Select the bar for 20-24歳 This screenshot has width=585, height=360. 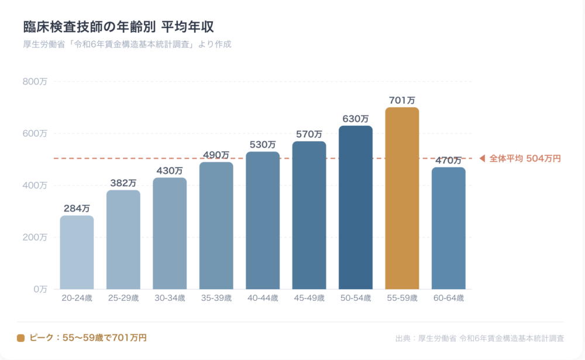click(77, 252)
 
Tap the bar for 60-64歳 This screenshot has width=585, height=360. click(449, 228)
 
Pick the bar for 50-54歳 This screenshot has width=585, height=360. click(356, 207)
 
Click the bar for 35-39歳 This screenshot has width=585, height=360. click(216, 225)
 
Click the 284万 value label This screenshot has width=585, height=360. click(77, 208)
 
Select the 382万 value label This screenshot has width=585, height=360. click(123, 183)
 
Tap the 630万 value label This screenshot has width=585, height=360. click(356, 119)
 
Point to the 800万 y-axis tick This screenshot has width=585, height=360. click(35, 81)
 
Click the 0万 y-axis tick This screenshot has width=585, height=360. click(40, 289)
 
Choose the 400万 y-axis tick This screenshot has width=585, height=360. click(35, 186)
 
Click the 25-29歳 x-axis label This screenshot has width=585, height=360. click(123, 298)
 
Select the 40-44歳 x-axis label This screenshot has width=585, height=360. click(263, 298)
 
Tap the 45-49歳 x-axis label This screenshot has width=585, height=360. click(309, 298)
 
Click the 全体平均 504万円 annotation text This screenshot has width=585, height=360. click(525, 159)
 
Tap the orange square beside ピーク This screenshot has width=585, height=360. click(21, 338)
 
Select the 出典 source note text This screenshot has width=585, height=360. click(480, 338)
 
